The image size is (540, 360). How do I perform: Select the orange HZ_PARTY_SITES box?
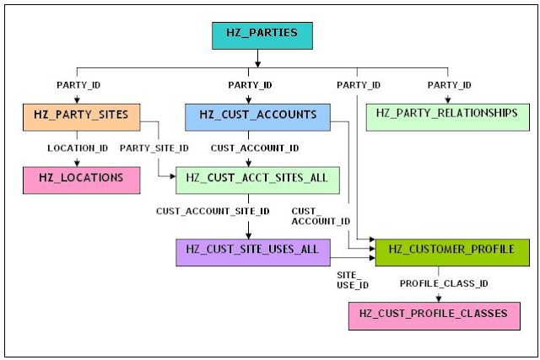(x=81, y=116)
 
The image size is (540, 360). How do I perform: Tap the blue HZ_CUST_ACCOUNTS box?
(x=256, y=116)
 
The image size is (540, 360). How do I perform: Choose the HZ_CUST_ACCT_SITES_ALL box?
(x=256, y=180)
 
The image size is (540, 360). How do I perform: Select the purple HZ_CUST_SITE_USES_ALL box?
(x=247, y=252)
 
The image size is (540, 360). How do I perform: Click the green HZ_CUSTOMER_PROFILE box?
(x=451, y=252)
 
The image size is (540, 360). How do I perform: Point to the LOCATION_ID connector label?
(x=78, y=148)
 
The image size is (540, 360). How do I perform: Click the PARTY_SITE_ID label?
(x=154, y=148)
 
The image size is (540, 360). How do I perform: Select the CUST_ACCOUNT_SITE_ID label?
(x=213, y=210)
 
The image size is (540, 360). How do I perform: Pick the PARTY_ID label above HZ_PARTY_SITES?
(x=77, y=85)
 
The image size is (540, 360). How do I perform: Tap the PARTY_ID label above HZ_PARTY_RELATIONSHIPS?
(x=449, y=85)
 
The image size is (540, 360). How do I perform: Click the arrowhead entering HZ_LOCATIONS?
(x=77, y=163)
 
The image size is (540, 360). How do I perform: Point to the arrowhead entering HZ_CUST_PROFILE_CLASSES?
(x=438, y=297)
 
